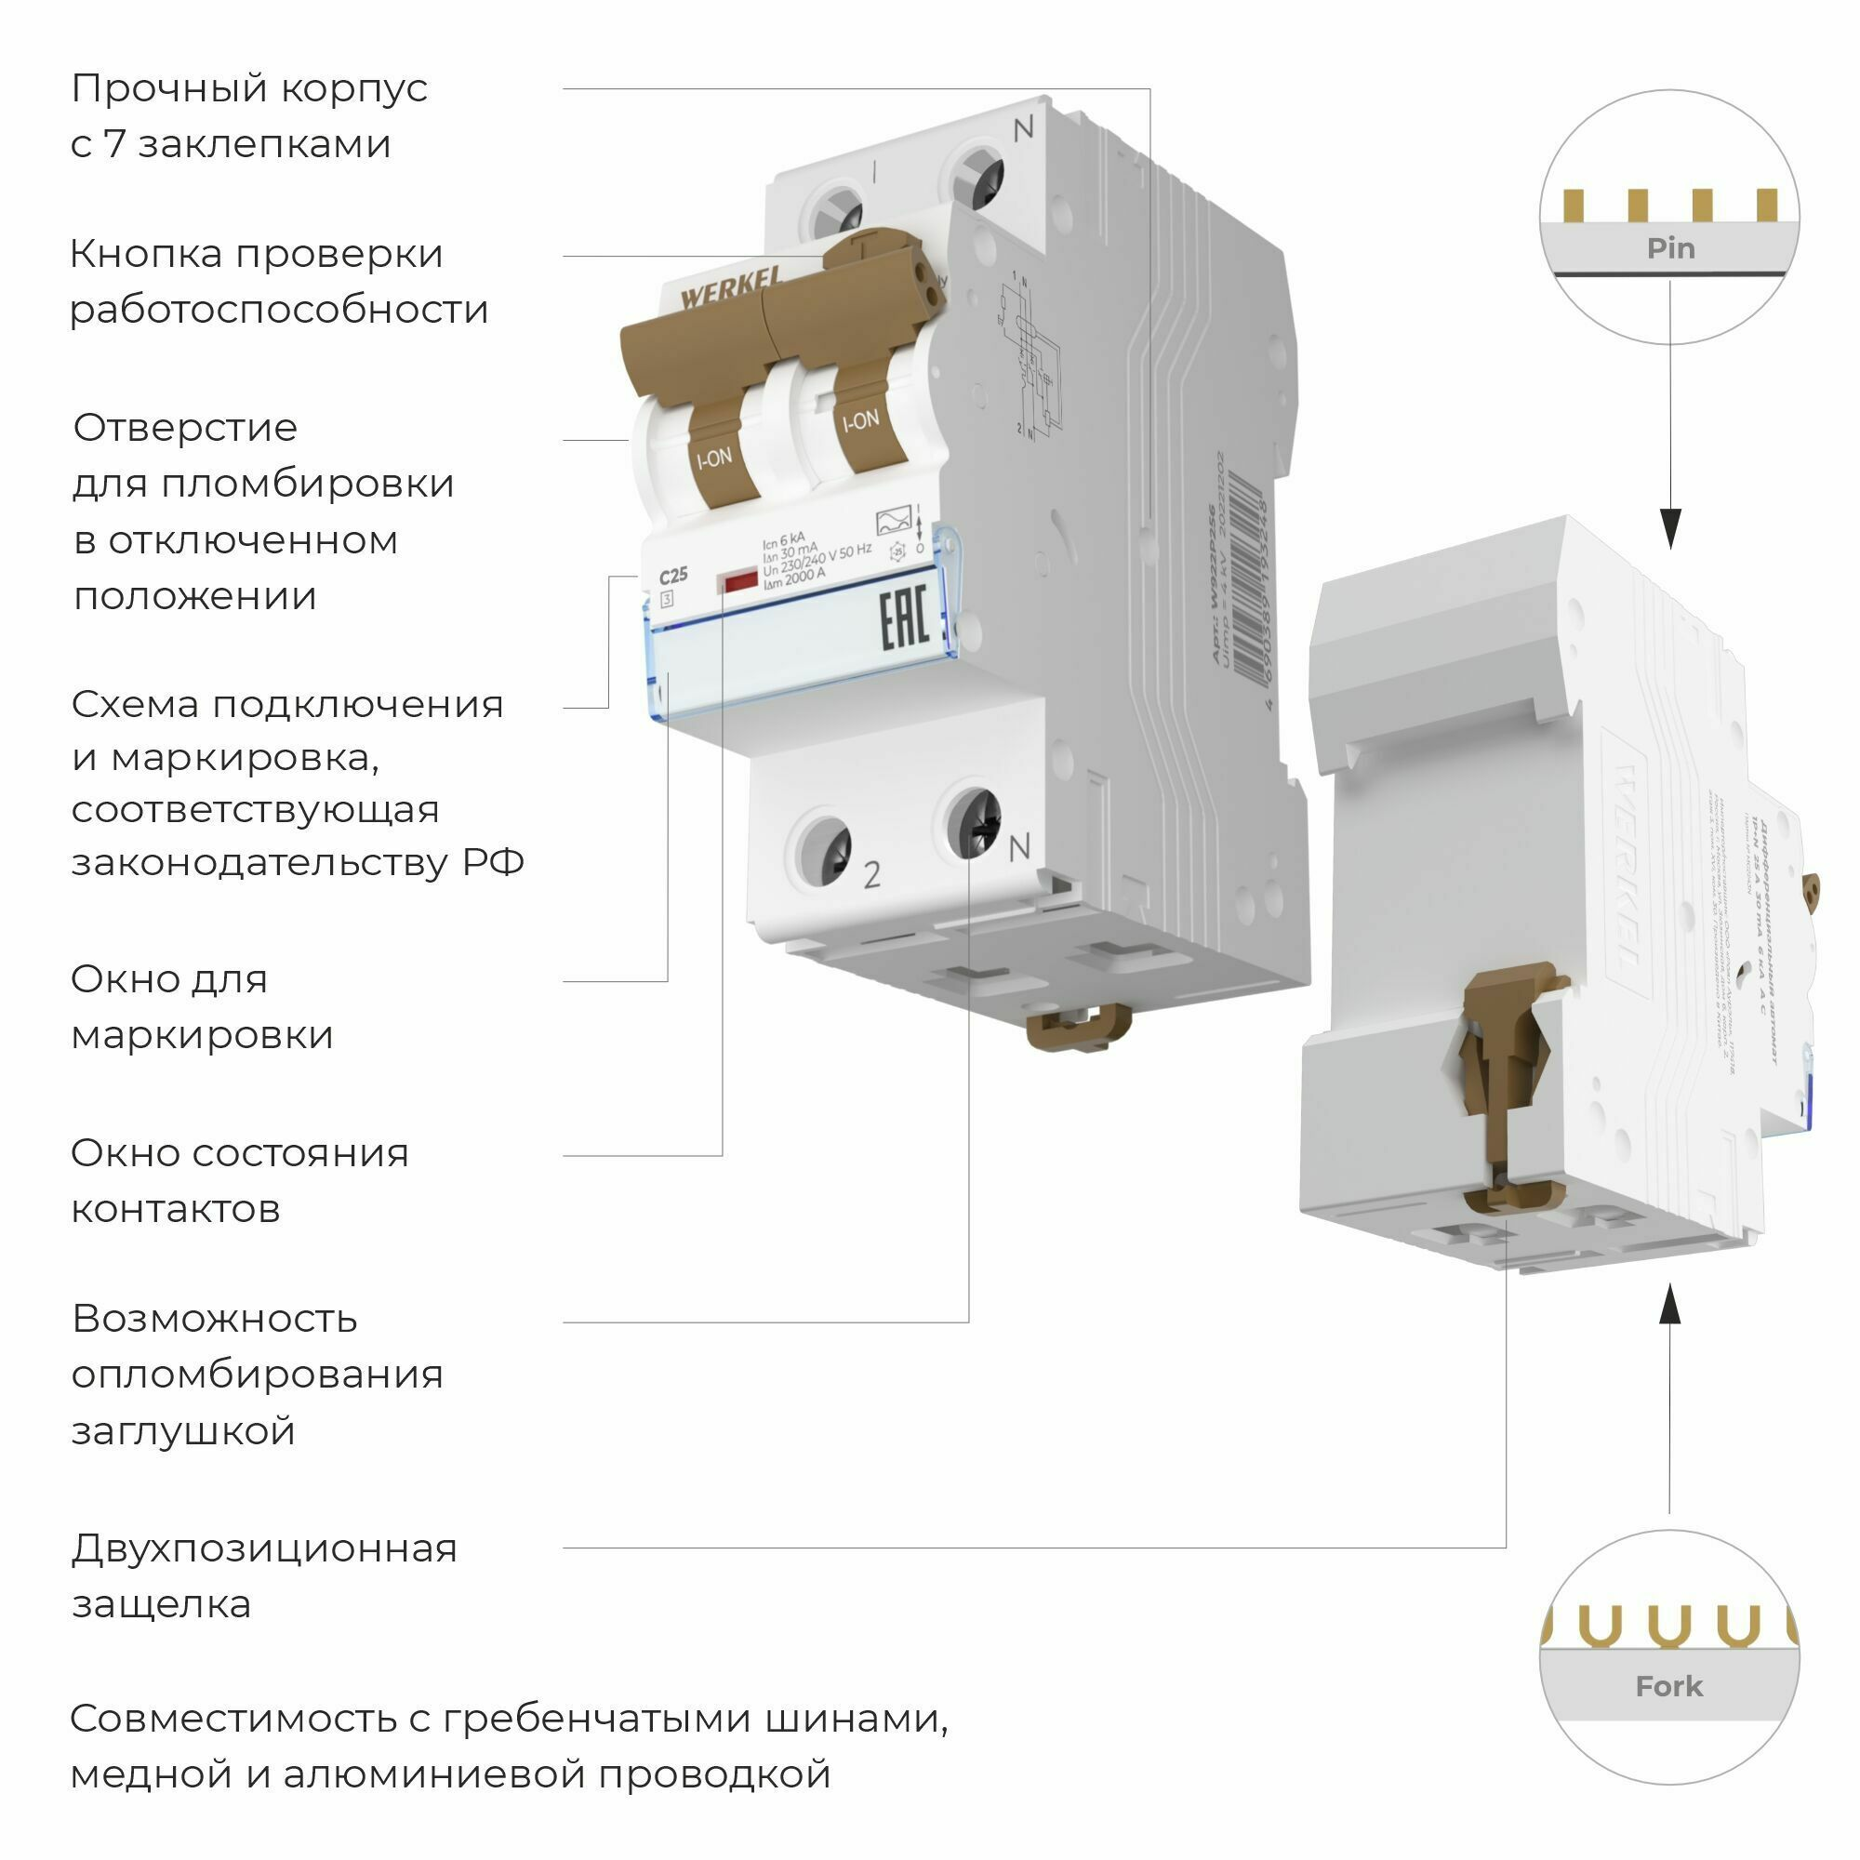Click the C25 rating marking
coord(673,576)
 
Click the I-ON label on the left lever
coord(714,458)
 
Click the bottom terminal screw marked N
coord(974,824)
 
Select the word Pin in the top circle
coord(1670,248)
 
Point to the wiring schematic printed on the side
coord(1030,356)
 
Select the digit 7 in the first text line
coord(113,144)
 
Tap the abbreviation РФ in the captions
coord(493,862)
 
